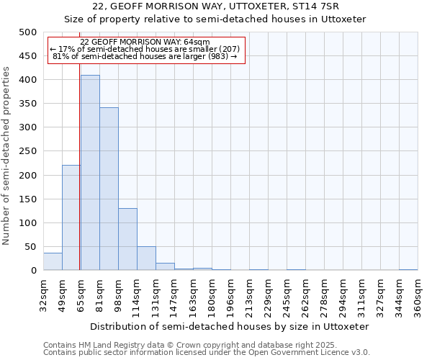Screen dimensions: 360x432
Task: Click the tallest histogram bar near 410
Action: pos(90,173)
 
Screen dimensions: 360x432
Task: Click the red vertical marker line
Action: pos(79,180)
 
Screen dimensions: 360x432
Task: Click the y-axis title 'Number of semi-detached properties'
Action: pos(7,156)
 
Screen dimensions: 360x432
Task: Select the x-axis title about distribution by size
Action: pos(230,326)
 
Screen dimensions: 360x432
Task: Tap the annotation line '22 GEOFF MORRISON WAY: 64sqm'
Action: pos(145,42)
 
